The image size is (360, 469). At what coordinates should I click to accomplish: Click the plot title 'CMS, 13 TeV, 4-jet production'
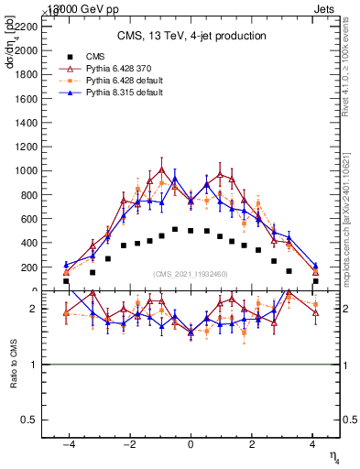click(191, 36)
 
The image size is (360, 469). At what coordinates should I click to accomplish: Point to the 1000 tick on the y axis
click(28, 170)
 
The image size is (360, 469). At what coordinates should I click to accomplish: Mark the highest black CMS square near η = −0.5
click(175, 229)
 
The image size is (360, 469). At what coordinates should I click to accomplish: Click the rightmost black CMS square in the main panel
click(315, 281)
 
